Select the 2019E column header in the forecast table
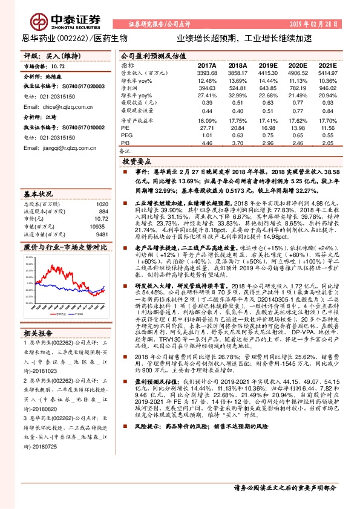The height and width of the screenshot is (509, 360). pyautogui.click(x=268, y=65)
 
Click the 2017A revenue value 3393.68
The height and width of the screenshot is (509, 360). pyautogui.click(x=206, y=72)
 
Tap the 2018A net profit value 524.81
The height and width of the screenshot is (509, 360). pyautogui.click(x=238, y=88)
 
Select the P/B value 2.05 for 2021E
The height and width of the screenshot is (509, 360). pyautogui.click(x=328, y=143)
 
